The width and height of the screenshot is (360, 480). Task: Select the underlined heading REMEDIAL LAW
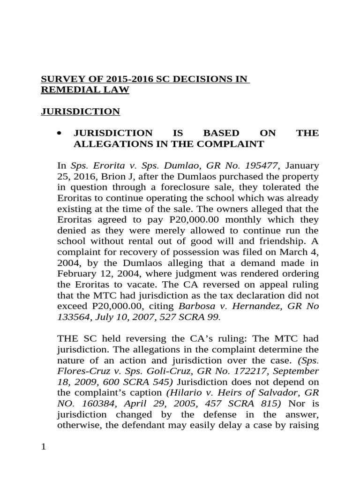point(85,90)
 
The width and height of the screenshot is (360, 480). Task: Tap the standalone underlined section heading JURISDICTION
point(80,112)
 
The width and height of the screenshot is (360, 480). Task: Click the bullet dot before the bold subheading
point(59,134)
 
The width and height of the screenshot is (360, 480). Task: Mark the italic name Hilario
point(184,392)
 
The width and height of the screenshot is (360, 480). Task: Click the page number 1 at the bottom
point(44,447)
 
